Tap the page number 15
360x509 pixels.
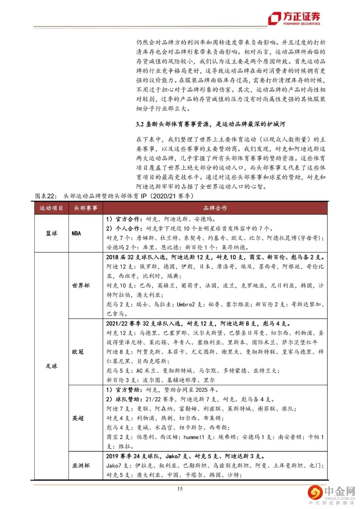180,489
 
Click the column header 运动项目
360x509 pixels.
51,208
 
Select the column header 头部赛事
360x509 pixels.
86,208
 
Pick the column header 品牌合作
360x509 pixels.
215,208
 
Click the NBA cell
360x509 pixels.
76,233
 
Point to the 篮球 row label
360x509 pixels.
51,233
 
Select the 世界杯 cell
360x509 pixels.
81,286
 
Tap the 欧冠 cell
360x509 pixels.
78,352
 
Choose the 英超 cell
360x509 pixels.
78,418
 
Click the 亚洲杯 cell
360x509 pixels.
81,465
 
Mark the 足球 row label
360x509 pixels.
51,366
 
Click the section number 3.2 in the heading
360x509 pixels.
140,124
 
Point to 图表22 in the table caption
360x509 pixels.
46,196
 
